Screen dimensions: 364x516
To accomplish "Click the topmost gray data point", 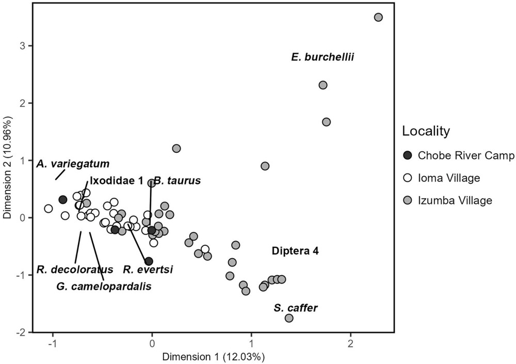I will click(x=378, y=17).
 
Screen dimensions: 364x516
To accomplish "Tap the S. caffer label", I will click(x=296, y=308).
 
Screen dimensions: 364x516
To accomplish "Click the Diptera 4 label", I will click(x=295, y=251).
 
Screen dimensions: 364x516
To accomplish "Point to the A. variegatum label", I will click(x=73, y=164).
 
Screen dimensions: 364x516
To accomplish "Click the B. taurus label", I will click(x=177, y=181).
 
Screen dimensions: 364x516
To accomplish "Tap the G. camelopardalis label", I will click(x=104, y=286).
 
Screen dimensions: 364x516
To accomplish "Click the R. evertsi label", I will click(x=148, y=269).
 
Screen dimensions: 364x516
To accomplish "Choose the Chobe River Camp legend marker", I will click(x=408, y=155).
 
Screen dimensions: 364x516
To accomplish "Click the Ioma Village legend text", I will click(x=449, y=178).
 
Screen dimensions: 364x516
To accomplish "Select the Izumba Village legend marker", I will click(x=408, y=200).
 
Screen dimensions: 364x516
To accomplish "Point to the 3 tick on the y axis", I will click(x=27, y=46).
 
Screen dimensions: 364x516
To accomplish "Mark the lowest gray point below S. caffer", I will click(x=289, y=318).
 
